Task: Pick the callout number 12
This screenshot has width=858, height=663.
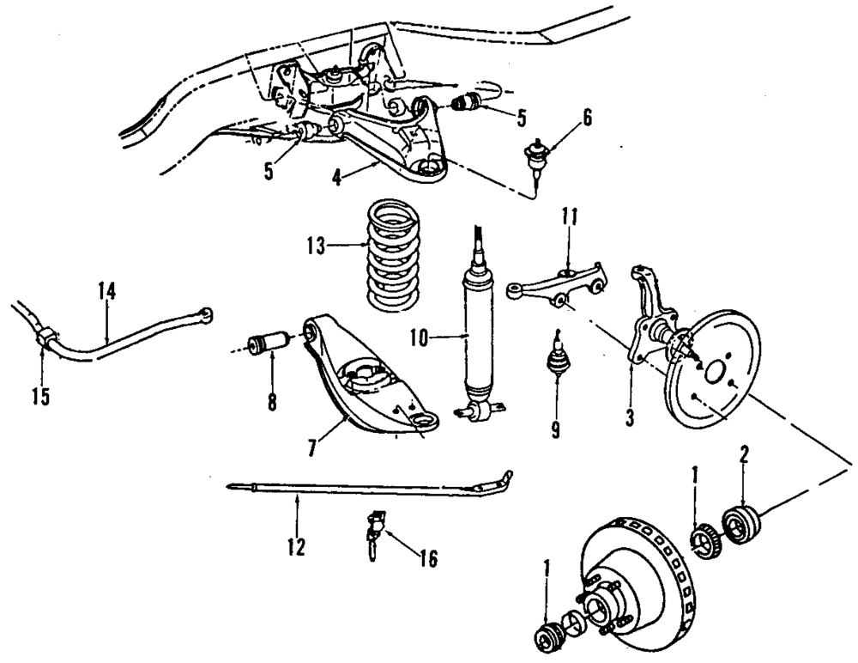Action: (x=296, y=546)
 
